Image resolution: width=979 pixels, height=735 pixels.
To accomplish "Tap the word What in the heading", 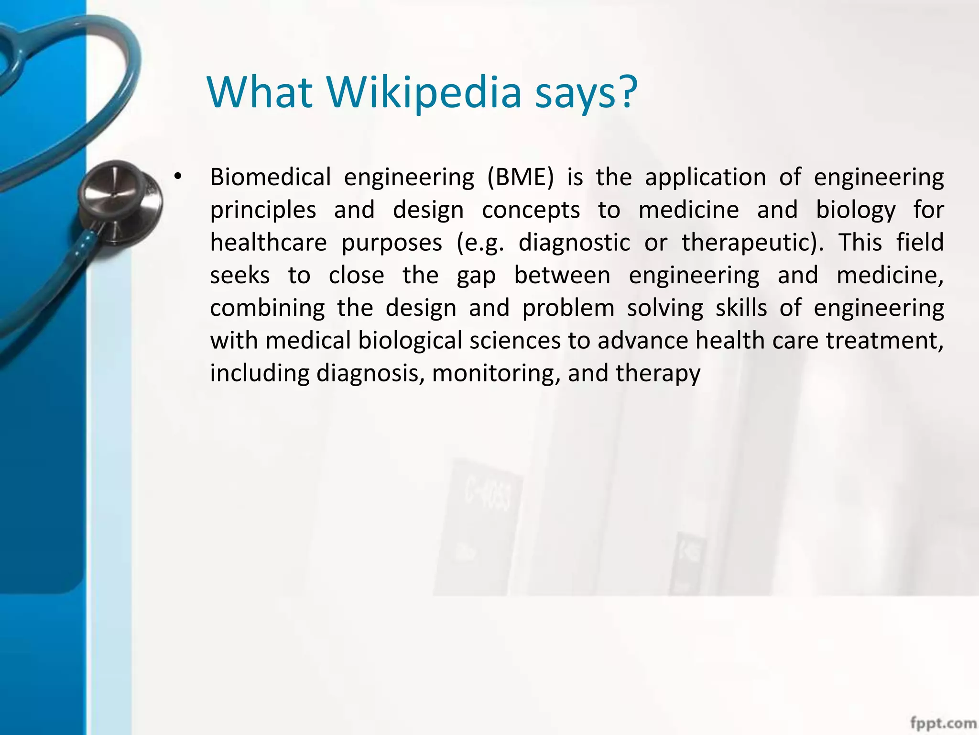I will coord(260,92).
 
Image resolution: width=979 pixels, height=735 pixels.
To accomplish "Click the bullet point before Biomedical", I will coord(178,177).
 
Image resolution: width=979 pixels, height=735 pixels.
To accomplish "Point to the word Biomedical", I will coord(271,177).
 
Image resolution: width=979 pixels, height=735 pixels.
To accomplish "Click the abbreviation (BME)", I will coord(521,177).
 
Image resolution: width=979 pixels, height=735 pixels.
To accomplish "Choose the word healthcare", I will coord(268,242).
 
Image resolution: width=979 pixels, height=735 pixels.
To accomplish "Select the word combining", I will coord(267,309).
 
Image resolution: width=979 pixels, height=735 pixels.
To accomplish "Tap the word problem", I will coord(568,309).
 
